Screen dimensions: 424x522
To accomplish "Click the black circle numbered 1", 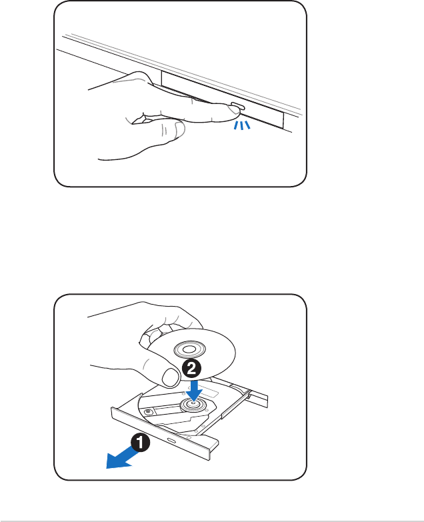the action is [x=139, y=442].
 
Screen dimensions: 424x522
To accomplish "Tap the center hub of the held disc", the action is [x=185, y=349].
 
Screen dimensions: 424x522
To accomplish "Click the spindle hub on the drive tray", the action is [x=193, y=404].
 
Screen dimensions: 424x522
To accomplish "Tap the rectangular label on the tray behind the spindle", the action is [x=213, y=391].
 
